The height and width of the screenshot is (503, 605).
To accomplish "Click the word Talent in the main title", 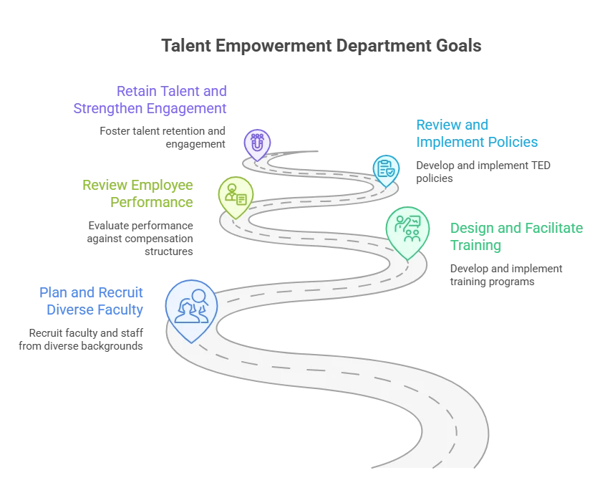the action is point(186,46).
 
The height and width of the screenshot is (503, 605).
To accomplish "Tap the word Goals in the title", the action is point(458,46).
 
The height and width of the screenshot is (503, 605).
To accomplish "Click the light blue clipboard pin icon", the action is point(386,171).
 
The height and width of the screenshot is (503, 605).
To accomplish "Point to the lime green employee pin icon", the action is point(236,198).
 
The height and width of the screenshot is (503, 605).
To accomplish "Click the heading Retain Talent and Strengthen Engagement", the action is point(150,100).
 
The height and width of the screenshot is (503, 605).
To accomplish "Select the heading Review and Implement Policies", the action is point(477,133).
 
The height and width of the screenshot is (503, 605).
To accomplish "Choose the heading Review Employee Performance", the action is point(137,193).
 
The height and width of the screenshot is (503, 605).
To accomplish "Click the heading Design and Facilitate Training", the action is point(517,236).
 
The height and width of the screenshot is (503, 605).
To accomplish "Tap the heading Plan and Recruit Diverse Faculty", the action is point(91,301).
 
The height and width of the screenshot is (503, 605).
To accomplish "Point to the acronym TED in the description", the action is point(541,166).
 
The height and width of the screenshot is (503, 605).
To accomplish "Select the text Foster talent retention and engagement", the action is point(163,138).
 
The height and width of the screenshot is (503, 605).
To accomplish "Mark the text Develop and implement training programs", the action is point(506,275).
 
